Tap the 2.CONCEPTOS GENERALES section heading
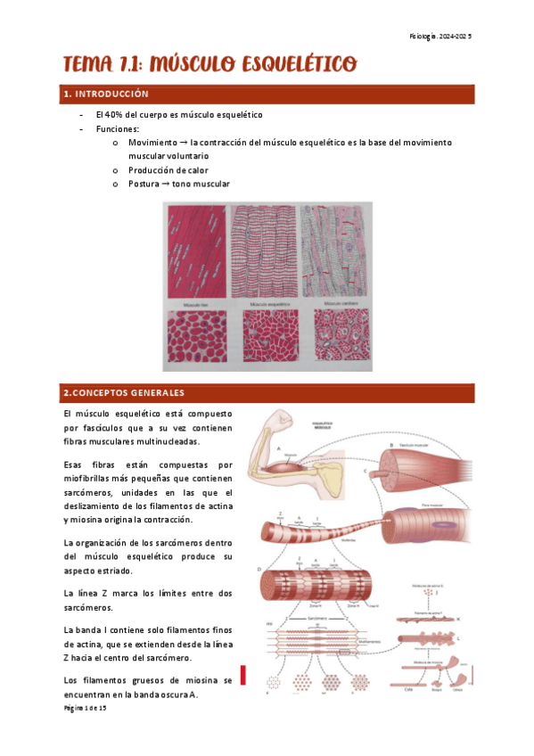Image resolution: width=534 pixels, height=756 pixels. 123,392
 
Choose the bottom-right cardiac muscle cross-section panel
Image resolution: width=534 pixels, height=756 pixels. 336,336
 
